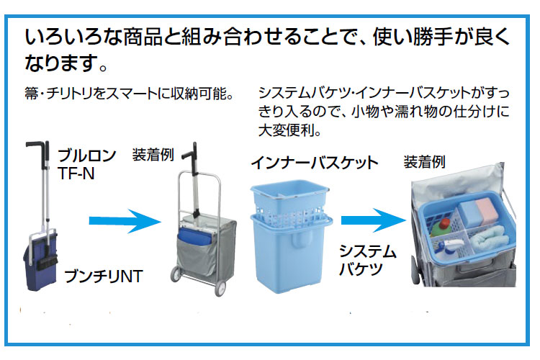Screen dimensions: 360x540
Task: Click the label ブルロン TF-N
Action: point(86,163)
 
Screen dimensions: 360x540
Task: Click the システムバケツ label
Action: point(368,260)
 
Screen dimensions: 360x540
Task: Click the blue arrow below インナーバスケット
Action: point(370,220)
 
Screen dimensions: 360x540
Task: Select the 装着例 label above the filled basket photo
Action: point(424,161)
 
